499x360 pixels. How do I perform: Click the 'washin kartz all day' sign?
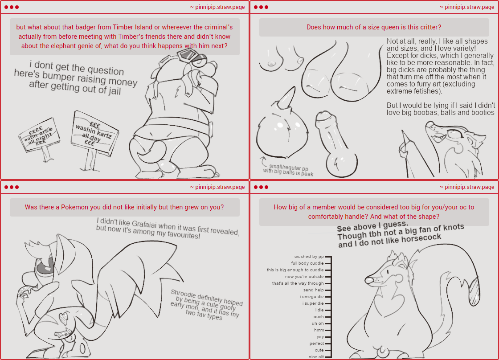[94, 134]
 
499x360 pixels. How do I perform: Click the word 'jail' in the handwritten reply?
[114, 91]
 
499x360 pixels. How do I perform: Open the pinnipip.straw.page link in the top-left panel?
[217, 7]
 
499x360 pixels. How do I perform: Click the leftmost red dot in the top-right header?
[256, 7]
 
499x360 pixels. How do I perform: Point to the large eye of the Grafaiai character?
[45, 266]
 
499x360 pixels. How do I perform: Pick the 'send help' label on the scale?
[314, 290]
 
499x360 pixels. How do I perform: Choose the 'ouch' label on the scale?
[319, 317]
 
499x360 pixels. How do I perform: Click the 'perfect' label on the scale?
[317, 344]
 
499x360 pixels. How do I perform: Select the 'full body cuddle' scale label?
[307, 263]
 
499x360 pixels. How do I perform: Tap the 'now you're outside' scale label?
[304, 277]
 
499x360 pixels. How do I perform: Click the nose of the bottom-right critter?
[369, 280]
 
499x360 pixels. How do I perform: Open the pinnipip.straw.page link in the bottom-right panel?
[467, 187]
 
